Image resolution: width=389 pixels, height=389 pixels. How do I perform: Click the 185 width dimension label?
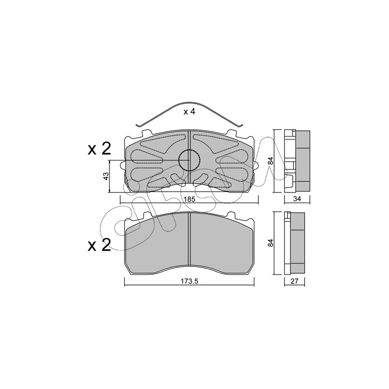point(190,199)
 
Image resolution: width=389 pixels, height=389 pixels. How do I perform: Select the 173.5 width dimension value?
point(189,281)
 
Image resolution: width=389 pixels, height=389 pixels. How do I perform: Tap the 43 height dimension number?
point(106,176)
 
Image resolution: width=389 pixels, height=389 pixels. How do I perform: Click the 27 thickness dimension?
point(295,281)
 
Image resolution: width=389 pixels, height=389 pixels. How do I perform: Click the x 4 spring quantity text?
point(189,112)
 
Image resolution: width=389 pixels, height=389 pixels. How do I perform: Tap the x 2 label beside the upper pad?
point(99,149)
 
